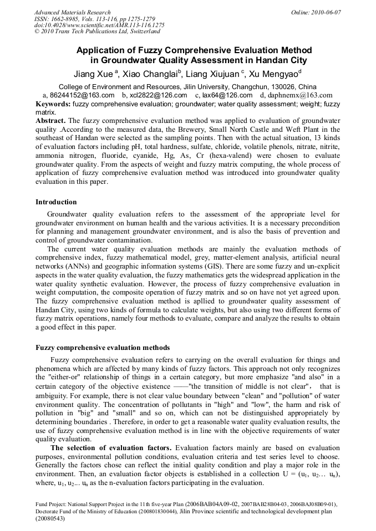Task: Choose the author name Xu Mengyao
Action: pos(276,73)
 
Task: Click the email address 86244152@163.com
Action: pos(82,95)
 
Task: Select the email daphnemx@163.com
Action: pos(300,95)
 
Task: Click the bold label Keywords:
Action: pos(53,104)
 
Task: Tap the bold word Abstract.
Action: pos(50,120)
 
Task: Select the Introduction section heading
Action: pos(56,202)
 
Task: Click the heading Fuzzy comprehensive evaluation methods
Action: pos(103,348)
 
